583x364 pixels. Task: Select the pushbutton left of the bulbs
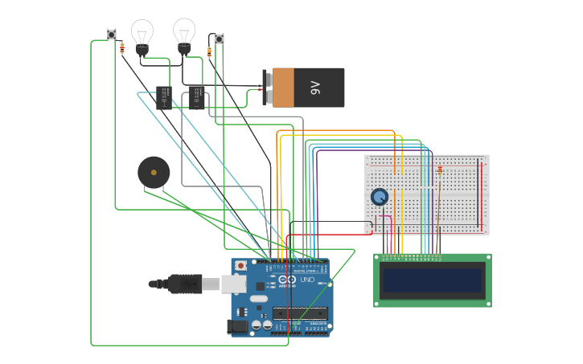(112, 35)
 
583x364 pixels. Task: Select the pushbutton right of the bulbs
(218, 39)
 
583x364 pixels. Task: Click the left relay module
(164, 97)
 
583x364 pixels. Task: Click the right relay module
(197, 97)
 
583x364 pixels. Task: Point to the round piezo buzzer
(154, 173)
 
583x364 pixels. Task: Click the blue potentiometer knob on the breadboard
(380, 196)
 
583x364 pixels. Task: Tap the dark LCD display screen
(433, 280)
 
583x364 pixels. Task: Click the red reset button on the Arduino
(240, 265)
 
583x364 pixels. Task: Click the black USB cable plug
(184, 284)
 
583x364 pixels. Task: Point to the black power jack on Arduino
(238, 325)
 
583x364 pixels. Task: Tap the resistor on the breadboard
(440, 169)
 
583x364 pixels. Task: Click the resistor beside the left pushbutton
(122, 47)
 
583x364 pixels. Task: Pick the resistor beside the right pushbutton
(210, 52)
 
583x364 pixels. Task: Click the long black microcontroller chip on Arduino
(301, 313)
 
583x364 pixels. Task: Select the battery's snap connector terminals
(265, 88)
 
